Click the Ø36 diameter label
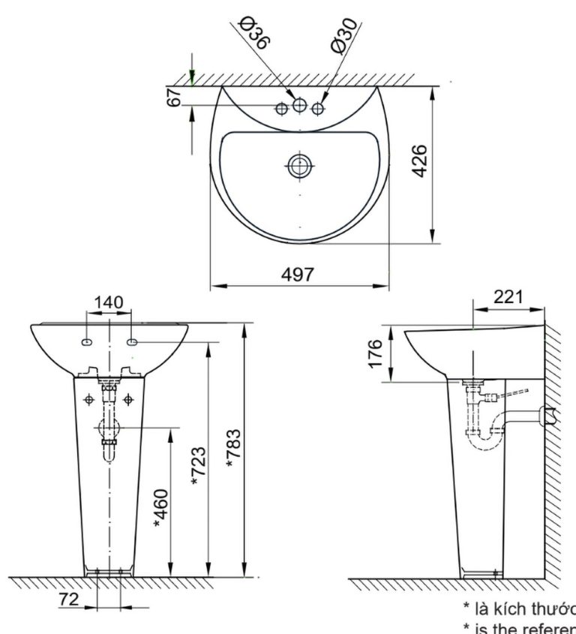click(x=254, y=35)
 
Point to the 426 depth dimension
click(x=421, y=161)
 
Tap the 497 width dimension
click(x=298, y=275)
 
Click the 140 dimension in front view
click(x=108, y=302)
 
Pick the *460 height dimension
click(x=161, y=508)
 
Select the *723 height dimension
click(x=198, y=466)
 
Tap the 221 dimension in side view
click(x=509, y=297)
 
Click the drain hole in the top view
click(x=299, y=166)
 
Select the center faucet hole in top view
click(x=299, y=105)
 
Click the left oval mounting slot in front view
click(x=87, y=343)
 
